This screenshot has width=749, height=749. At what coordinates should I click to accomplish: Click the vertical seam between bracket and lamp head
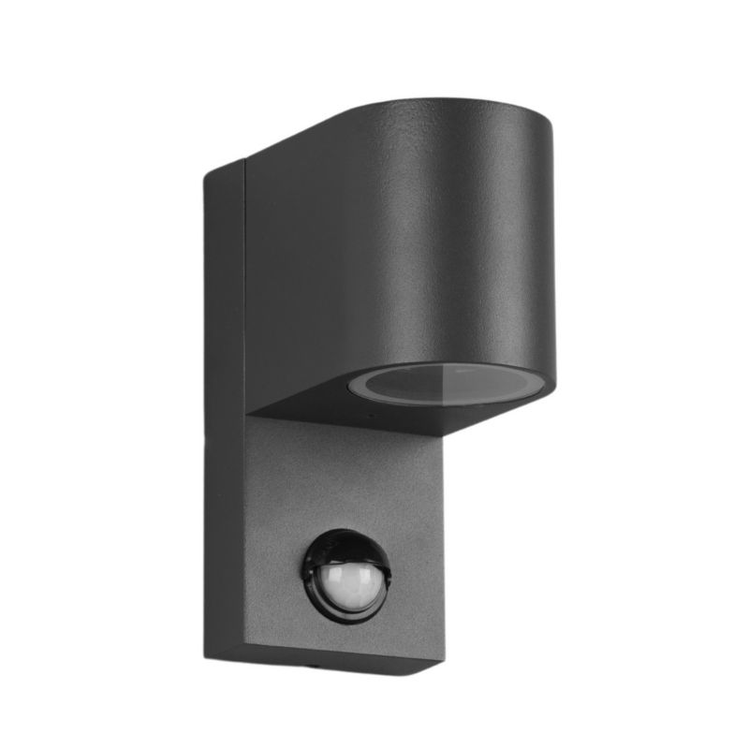244,281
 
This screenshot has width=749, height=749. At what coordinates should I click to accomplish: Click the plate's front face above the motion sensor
346,477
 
